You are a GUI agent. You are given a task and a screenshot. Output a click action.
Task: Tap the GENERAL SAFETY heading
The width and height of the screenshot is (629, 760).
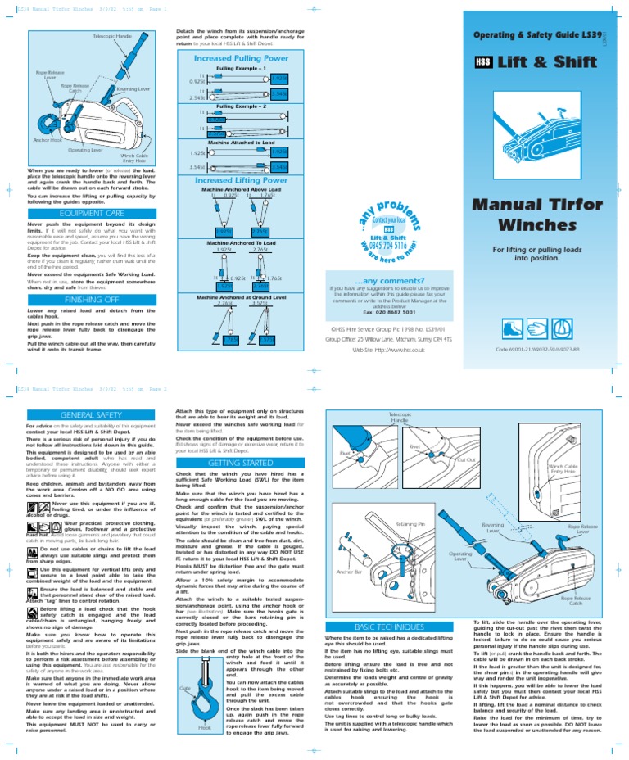click(86, 417)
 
